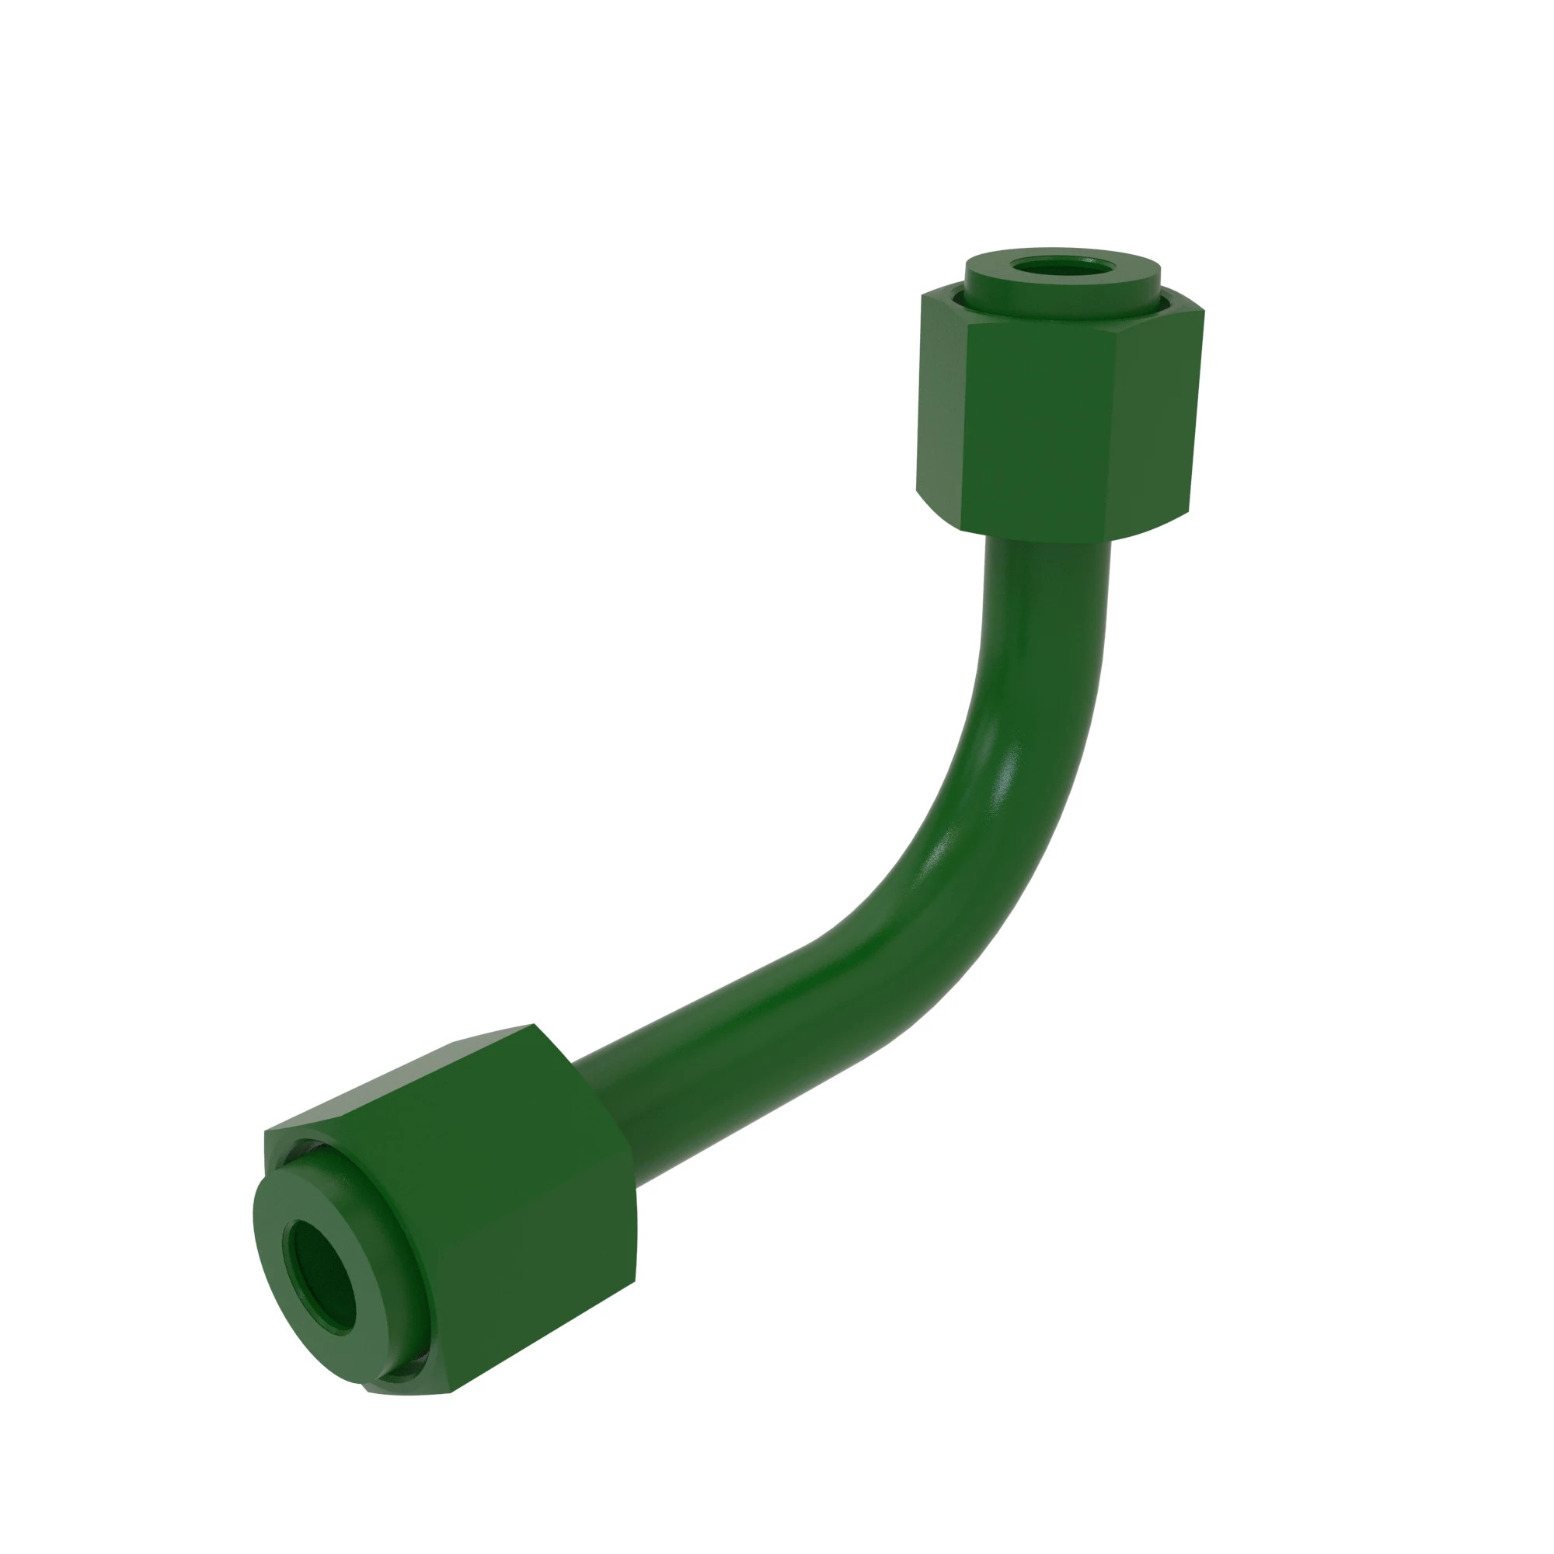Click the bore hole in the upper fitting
point(1061,267)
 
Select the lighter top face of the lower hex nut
point(402,1078)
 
